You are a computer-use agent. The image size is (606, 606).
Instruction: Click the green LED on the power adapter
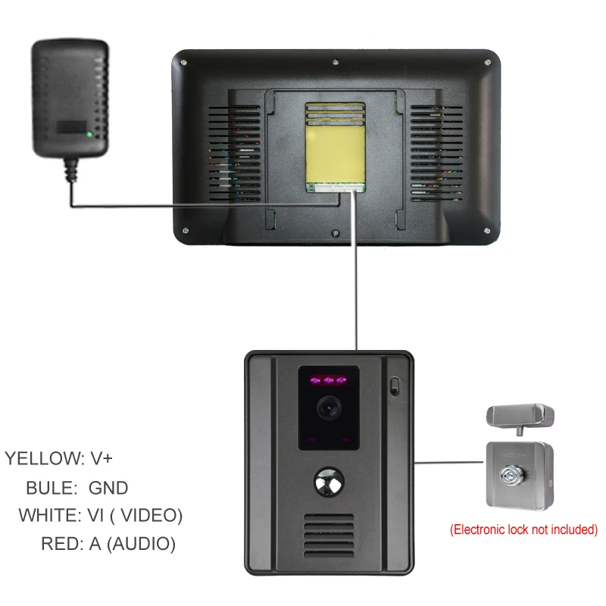tap(89, 135)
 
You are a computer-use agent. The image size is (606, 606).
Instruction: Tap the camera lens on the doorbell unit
tap(329, 408)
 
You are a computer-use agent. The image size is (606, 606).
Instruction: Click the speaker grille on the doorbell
tap(329, 536)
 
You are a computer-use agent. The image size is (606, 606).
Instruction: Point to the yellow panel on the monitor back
tap(335, 147)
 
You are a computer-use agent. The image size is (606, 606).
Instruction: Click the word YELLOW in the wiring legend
tap(44, 458)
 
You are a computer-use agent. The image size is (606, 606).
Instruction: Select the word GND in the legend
tap(108, 488)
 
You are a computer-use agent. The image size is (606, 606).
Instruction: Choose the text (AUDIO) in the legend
tap(141, 544)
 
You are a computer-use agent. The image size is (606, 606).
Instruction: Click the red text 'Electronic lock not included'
tap(523, 529)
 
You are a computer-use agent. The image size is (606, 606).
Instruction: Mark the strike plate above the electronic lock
tap(520, 418)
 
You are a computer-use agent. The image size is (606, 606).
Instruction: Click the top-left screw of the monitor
tap(183, 63)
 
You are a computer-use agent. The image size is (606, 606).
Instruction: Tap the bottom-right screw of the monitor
tap(487, 231)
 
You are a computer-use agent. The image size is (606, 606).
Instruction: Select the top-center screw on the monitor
tap(336, 61)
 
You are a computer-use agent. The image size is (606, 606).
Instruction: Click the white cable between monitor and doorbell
tap(355, 270)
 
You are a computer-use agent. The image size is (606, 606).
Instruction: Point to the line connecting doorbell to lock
tap(448, 462)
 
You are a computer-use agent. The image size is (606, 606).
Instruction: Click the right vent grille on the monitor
tap(436, 154)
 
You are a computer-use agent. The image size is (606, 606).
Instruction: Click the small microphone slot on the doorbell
tap(394, 386)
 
